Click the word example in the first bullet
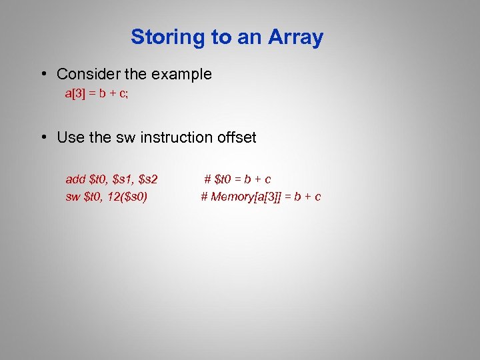[x=182, y=74]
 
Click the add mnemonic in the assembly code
[x=75, y=179]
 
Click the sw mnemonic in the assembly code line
[x=73, y=197]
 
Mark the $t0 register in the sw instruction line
[x=94, y=197]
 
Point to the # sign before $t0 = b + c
[x=208, y=179]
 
